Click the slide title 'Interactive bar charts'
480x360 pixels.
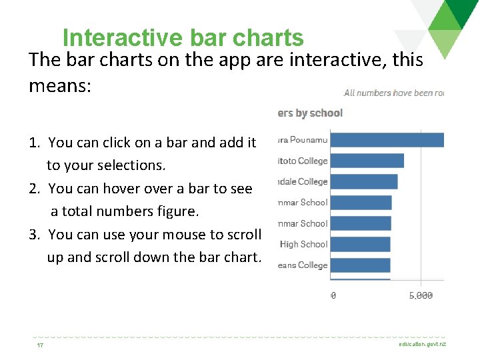tap(183, 38)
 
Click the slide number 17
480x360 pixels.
tap(41, 345)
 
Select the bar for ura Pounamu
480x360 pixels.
tap(387, 140)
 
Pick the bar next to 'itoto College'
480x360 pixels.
tap(367, 161)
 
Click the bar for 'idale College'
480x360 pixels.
tap(364, 181)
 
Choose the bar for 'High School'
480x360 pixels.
tap(361, 244)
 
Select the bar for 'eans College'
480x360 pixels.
tap(361, 265)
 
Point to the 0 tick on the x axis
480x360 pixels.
tap(333, 295)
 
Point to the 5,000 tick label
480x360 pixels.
tap(420, 295)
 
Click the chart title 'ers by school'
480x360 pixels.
tap(310, 113)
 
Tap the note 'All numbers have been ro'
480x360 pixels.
tap(393, 93)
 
